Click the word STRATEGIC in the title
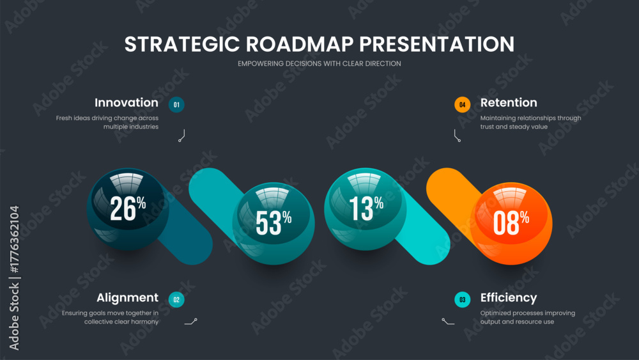181,44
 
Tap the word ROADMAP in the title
300,44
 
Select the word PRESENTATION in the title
437,44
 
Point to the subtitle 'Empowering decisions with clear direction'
319,63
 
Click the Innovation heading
127,103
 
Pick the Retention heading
509,103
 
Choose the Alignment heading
128,298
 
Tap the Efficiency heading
509,298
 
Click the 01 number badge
176,105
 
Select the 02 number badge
176,300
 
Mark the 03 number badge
463,300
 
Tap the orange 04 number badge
463,105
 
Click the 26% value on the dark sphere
128,208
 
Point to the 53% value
273,223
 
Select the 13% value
366,208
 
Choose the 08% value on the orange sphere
511,223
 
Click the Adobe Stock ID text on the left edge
14,278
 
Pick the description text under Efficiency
528,317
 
